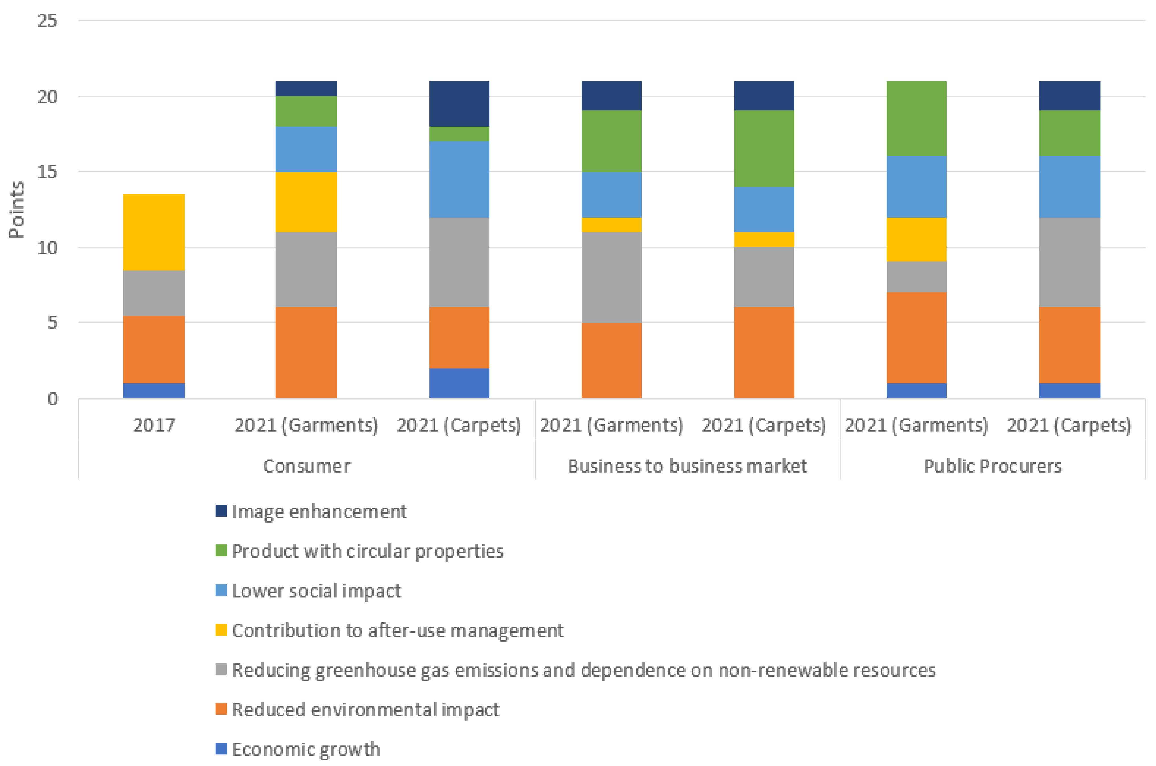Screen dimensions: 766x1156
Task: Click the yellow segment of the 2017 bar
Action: pos(153,232)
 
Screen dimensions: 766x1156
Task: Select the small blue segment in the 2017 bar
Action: pos(153,390)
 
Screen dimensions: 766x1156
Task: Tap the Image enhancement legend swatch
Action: pos(221,511)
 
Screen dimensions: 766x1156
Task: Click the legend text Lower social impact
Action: pos(316,591)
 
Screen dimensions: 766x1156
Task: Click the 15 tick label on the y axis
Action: pos(47,171)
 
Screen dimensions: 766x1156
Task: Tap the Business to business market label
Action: pos(687,466)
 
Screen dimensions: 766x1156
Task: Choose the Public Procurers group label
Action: pos(992,466)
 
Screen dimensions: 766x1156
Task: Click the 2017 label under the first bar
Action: pos(153,425)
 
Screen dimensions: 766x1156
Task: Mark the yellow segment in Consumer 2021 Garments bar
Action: pos(306,202)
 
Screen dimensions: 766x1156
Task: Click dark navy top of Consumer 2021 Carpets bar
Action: pos(459,104)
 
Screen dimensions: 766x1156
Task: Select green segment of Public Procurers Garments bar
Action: pos(916,119)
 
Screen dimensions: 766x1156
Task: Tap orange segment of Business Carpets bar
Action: pos(764,352)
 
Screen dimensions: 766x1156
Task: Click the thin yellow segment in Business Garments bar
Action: pos(611,225)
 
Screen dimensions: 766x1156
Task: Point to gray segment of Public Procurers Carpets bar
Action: pos(1069,262)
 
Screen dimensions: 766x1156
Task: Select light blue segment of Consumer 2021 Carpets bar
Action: pos(459,179)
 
